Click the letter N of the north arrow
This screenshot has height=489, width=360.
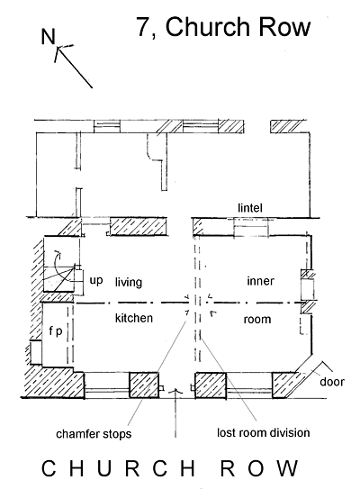tap(49, 37)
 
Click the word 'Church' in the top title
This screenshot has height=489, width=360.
tap(207, 27)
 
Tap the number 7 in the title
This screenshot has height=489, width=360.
tap(144, 27)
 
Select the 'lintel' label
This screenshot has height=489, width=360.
tap(250, 208)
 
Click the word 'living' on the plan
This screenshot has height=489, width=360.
tap(129, 282)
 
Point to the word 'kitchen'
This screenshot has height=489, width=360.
tap(134, 318)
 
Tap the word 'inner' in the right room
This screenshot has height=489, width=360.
tap(261, 281)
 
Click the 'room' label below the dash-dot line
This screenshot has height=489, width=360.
tap(257, 320)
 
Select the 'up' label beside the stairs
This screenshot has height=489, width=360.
tap(96, 281)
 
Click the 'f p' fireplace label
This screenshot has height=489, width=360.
tap(56, 331)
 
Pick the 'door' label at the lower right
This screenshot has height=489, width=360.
tap(332, 382)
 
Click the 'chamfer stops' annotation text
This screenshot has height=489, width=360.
tap(94, 434)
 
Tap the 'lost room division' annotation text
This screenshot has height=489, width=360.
tap(264, 433)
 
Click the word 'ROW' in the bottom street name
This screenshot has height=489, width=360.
tap(259, 468)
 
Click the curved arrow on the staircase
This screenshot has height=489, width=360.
tap(57, 264)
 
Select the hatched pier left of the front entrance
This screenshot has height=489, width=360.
tap(144, 385)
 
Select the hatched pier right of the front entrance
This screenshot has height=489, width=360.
tap(211, 385)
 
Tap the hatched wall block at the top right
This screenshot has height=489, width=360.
tap(287, 127)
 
